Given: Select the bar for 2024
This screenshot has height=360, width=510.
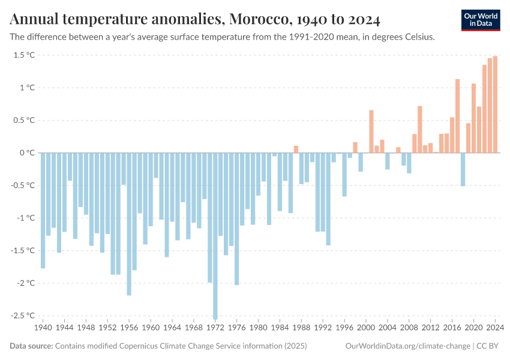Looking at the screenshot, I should click(x=495, y=104).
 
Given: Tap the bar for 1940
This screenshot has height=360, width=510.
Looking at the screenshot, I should click(x=43, y=210).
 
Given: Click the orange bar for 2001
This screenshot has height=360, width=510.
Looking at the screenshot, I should click(x=371, y=131).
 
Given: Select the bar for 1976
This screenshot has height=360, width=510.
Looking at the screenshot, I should click(x=237, y=218).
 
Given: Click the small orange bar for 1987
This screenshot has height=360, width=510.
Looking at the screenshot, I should click(x=296, y=149).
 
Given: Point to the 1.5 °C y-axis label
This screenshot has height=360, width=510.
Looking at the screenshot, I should click(x=23, y=55).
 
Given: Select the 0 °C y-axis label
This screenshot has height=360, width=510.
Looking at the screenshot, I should click(x=26, y=153).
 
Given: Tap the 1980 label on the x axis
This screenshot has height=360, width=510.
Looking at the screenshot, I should click(x=259, y=328).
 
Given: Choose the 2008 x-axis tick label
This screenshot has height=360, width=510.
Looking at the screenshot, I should click(x=409, y=328).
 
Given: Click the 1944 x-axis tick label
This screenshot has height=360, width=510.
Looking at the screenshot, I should click(x=65, y=328).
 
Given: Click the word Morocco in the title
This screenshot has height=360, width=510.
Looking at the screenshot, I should click(x=256, y=20).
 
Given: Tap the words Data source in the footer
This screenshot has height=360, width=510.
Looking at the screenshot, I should click(x=31, y=346).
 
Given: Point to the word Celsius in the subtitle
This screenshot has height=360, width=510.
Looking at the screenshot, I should click(x=418, y=37).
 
